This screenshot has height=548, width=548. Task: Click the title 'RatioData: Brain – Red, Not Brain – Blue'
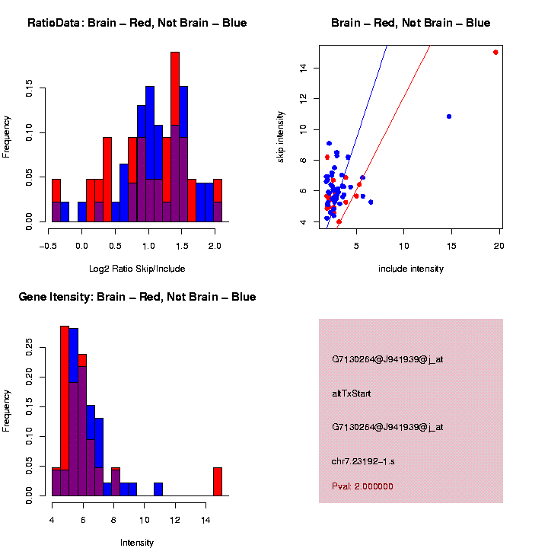(x=137, y=24)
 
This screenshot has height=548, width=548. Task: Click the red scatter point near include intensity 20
(x=495, y=53)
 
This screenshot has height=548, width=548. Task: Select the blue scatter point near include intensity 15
(x=449, y=116)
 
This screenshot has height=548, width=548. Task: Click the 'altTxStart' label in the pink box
(x=352, y=393)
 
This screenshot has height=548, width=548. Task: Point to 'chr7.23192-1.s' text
(x=363, y=461)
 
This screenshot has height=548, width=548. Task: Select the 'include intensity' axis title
(x=411, y=268)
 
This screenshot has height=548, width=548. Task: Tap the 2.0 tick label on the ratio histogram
(x=215, y=245)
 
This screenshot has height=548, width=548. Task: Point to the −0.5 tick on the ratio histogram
(x=49, y=245)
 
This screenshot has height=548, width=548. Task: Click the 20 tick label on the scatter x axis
(x=499, y=245)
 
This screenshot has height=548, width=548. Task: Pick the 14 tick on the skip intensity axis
(x=303, y=68)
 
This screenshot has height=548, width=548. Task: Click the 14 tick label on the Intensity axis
(x=205, y=520)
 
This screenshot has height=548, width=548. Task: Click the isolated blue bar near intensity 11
(x=158, y=489)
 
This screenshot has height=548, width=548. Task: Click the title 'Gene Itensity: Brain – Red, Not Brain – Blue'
(x=137, y=297)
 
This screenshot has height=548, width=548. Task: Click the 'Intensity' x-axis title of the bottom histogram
(x=137, y=543)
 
